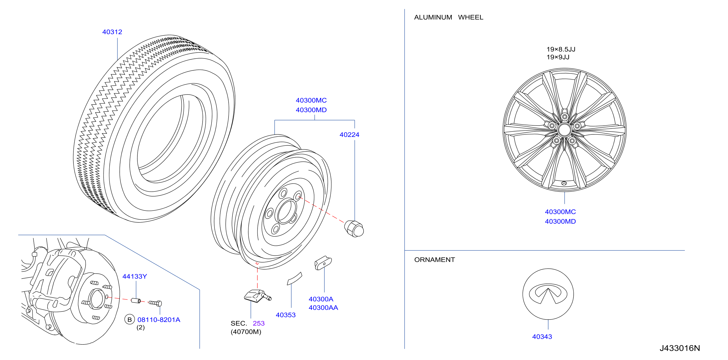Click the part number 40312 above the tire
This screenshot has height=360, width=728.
[x=112, y=32]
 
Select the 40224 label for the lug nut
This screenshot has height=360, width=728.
[x=349, y=135]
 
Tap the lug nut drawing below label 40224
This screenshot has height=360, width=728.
[x=354, y=229]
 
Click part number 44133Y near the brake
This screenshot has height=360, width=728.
[x=135, y=276]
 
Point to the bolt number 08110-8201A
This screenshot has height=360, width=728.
[x=159, y=319]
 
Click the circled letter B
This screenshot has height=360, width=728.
[x=130, y=319]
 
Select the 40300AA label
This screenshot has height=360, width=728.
[x=323, y=307]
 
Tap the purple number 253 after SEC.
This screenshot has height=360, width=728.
[x=259, y=323]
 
